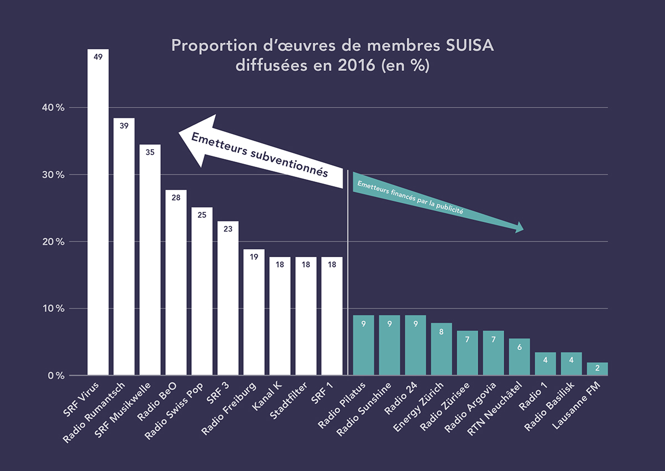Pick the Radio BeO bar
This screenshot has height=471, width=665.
176,283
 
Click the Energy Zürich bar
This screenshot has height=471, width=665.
442,349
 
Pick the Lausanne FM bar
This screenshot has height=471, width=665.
597,369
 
